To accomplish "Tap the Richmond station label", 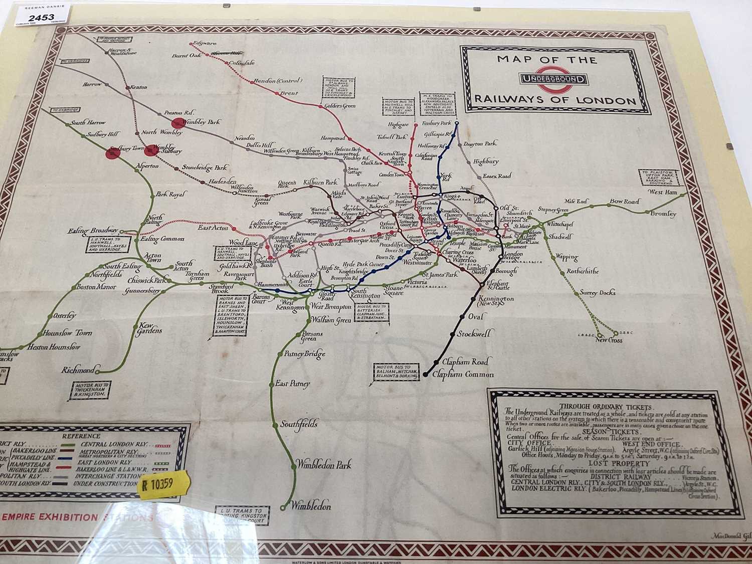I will [78, 370].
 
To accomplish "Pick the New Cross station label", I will [609, 340].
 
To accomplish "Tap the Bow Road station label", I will [624, 202].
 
